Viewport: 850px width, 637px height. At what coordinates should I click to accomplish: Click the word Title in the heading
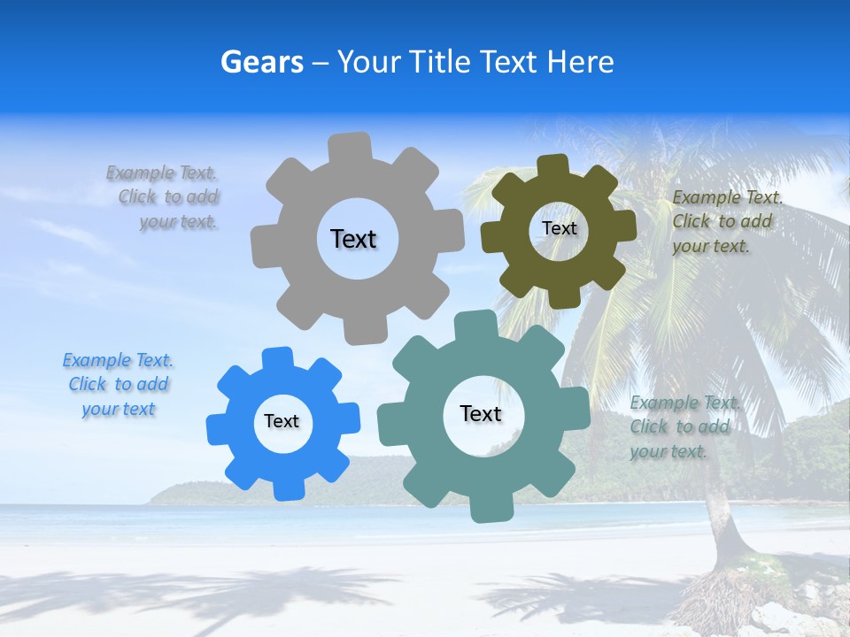coord(440,62)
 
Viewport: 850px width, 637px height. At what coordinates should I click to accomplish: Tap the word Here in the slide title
coord(580,62)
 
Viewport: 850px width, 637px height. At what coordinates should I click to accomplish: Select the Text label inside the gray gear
coord(353,239)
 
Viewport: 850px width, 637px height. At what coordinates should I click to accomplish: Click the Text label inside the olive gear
coord(559,228)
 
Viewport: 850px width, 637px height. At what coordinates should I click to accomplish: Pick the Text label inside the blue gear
coord(282,422)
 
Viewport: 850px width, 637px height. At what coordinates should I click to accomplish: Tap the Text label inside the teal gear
coord(481,414)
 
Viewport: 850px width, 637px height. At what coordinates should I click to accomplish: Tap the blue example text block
coord(118,385)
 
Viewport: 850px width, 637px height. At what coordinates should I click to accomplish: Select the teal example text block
coord(682,427)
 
